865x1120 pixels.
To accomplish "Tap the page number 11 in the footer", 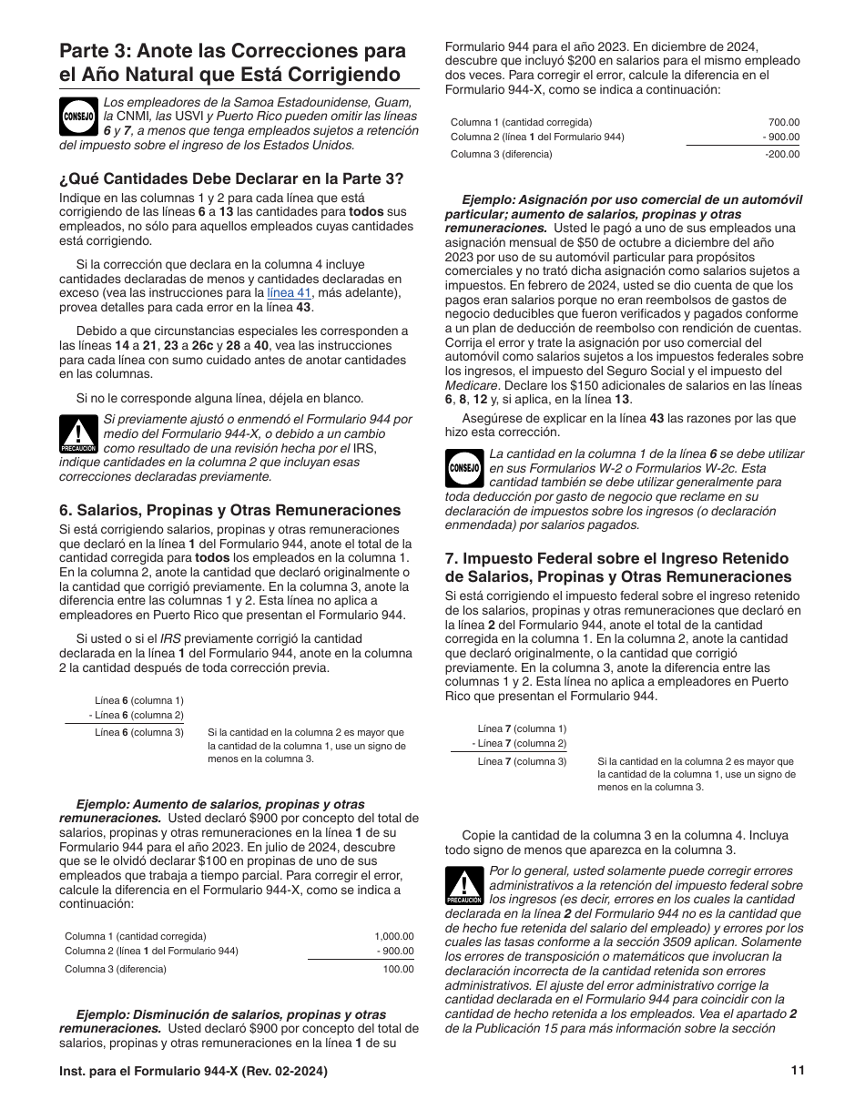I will [x=799, y=1071].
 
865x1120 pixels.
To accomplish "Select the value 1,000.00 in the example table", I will [x=393, y=935].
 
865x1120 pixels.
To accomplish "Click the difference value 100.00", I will [x=398, y=969].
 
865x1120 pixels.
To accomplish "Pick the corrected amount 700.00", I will [x=784, y=122].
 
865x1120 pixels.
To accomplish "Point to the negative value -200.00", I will [x=782, y=154].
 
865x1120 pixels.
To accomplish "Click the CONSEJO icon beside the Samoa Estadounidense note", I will [x=77, y=117].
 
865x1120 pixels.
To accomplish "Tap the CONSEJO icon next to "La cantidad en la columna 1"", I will [x=463, y=468].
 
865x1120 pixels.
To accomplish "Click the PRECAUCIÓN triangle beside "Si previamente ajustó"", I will [x=77, y=434].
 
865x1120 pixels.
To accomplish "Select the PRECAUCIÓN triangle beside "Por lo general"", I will [x=463, y=885].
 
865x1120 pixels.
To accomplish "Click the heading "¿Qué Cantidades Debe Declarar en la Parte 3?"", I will [x=231, y=178].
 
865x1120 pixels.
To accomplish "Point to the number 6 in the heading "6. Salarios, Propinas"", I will [x=64, y=510].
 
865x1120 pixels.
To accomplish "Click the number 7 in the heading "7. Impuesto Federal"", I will [x=450, y=558].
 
